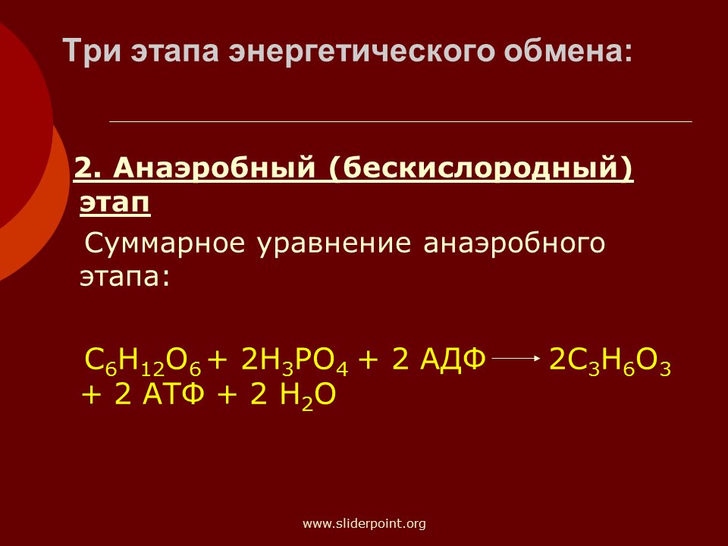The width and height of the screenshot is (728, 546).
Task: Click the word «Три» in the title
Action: (92, 51)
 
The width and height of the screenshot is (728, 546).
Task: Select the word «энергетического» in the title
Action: (361, 51)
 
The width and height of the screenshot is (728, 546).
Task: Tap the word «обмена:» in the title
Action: (568, 51)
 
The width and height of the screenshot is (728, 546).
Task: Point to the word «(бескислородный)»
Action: (481, 168)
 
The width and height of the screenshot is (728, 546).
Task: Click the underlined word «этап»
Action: (115, 202)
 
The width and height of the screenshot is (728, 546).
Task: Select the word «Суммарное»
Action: (165, 243)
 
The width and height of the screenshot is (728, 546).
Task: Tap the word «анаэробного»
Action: (514, 243)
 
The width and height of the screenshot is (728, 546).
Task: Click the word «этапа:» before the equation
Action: (125, 277)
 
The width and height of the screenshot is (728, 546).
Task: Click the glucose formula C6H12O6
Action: (143, 361)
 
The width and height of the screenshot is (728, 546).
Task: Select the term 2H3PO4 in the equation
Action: (294, 361)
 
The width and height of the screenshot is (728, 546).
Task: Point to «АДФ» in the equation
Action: (453, 359)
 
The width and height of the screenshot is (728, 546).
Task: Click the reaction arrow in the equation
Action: (516, 358)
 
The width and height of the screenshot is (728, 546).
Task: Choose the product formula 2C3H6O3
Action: (610, 361)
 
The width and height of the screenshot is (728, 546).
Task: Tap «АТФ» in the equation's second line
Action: (173, 394)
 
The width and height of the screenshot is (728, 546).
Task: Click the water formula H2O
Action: (307, 396)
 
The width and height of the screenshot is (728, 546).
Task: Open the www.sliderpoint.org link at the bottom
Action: (364, 524)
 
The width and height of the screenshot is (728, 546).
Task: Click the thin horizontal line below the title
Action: (400, 121)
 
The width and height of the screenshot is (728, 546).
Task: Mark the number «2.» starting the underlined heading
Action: (88, 168)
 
